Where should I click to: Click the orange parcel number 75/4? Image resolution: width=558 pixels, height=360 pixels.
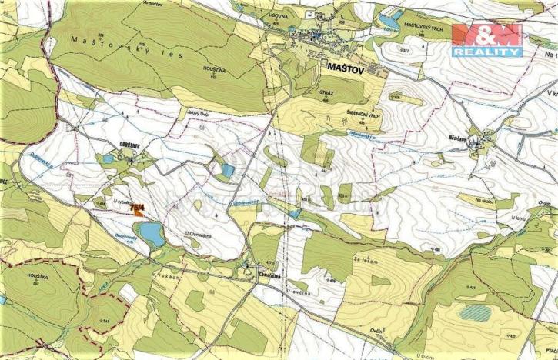coord(138,208)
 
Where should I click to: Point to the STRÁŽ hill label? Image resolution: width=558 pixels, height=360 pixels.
coord(325,91)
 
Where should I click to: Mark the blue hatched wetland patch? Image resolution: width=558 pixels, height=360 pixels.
coord(475,312)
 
